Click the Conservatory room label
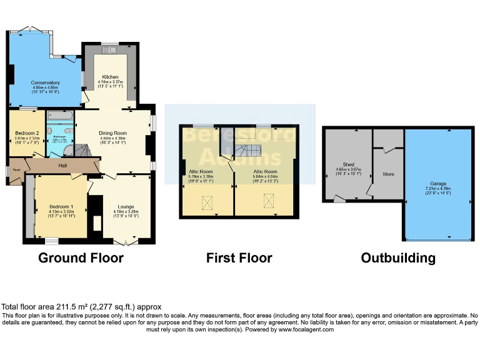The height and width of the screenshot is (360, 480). tap(45, 82)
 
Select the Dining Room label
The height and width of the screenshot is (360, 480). tap(112, 133)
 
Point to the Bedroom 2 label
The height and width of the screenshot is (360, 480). tap(27, 132)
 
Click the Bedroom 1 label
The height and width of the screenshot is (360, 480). tap(62, 207)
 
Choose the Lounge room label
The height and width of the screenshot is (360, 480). tap(126, 207)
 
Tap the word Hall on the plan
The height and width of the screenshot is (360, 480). tap(63, 166)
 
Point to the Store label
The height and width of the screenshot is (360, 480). tap(388, 174)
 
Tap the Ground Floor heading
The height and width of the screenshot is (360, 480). tap(81, 257)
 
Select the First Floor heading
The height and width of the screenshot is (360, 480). tap(239, 257)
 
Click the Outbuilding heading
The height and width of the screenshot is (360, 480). tap(398, 257)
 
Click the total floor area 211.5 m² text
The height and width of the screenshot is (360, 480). tap(81, 307)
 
